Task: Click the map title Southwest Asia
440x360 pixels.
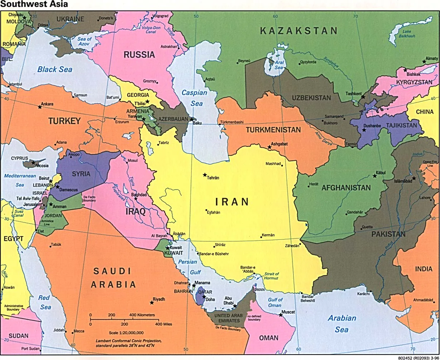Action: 34,5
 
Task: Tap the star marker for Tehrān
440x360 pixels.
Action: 205,175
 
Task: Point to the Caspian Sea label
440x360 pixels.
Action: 194,98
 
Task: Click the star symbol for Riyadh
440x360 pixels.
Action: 152,303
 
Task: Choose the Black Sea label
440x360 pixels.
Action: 55,69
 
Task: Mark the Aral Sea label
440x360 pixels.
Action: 279,65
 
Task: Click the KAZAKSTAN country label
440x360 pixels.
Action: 299,31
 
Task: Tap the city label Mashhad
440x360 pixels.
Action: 273,164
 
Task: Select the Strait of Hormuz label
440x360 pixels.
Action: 271,276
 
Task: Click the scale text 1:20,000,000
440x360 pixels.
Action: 127,332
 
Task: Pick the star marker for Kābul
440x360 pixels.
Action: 375,176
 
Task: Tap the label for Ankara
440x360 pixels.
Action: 47,104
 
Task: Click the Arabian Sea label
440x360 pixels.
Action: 342,323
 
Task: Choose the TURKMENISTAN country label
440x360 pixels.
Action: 273,130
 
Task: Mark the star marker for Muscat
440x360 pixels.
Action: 280,315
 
